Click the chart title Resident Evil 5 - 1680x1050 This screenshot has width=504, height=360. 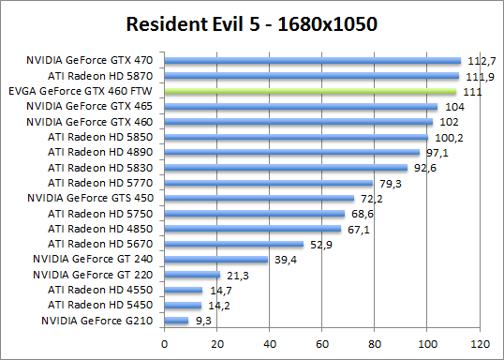(x=252, y=22)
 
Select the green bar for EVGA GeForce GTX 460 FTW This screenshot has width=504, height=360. (x=310, y=92)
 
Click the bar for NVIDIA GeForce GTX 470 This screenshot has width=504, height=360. (x=313, y=61)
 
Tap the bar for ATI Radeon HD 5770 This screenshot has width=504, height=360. (x=269, y=183)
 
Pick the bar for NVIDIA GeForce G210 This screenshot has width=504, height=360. (x=177, y=321)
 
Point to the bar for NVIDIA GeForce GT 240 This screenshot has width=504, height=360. (x=216, y=259)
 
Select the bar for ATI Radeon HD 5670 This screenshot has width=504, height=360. (x=234, y=244)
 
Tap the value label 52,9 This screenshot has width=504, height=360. (x=321, y=244)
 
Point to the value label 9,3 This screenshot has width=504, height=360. (x=203, y=321)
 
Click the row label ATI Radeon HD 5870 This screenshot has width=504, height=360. (x=106, y=76)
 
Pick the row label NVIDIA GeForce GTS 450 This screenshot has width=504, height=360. (x=96, y=199)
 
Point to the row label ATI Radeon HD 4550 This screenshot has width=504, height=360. (x=106, y=290)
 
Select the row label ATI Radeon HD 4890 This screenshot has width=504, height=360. (x=106, y=153)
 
